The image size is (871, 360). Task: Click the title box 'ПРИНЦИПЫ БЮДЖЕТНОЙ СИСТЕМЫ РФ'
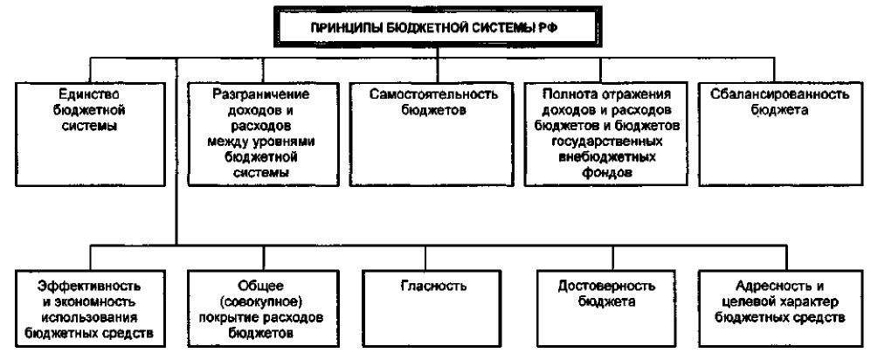438,27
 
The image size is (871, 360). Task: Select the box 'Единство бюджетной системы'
90,134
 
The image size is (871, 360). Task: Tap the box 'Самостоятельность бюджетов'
431,134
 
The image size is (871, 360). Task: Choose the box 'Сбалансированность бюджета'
780,134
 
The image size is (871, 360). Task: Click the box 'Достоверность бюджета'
606,308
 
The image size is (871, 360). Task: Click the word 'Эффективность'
89,286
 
